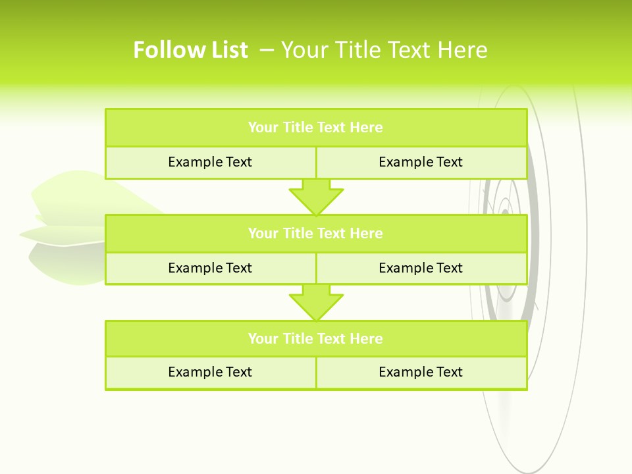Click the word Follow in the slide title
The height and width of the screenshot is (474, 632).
165,50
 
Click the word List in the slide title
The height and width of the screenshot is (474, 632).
224,50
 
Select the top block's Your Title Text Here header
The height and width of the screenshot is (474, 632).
315,128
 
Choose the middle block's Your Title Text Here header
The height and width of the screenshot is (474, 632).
315,233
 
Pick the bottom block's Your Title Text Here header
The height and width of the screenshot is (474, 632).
315,338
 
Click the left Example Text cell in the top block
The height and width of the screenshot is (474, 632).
210,162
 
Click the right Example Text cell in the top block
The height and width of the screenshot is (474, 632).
421,162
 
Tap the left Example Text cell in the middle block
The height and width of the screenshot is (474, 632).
210,268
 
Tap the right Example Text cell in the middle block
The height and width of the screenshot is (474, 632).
421,268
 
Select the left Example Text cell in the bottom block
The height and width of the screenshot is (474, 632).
210,372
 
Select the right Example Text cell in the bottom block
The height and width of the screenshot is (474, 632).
421,372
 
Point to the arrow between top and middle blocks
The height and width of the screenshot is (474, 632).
316,197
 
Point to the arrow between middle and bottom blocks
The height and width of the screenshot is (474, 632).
316,302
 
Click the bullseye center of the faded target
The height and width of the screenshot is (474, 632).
505,212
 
